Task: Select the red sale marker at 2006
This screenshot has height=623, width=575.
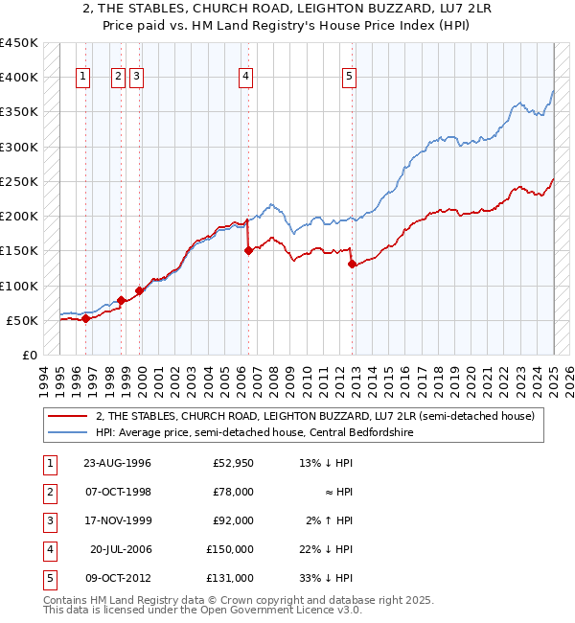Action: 248,251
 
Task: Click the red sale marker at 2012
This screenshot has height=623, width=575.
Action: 352,265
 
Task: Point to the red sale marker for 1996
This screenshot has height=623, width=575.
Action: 85,319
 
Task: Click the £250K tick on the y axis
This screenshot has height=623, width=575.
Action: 21,181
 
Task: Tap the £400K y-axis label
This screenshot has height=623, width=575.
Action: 21,78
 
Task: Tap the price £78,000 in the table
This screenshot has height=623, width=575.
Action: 231,492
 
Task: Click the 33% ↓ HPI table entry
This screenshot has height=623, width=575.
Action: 325,578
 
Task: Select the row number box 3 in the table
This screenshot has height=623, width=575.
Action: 49,520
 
